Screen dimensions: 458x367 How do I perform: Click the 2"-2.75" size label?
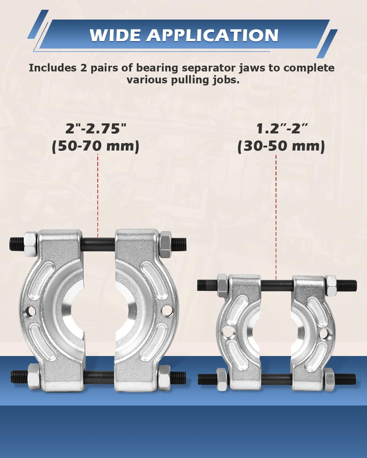(96, 129)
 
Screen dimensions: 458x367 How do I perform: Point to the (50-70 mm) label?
(96, 146)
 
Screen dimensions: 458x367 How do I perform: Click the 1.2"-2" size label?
(281, 129)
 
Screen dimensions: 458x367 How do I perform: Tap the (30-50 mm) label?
(281, 146)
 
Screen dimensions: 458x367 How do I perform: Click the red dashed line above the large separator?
(98, 195)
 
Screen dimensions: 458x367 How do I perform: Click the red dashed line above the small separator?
(276, 217)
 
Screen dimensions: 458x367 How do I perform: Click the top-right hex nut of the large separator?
(165, 244)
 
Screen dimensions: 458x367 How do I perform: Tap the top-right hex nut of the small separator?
(330, 286)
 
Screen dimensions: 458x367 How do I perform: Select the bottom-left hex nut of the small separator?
(222, 380)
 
